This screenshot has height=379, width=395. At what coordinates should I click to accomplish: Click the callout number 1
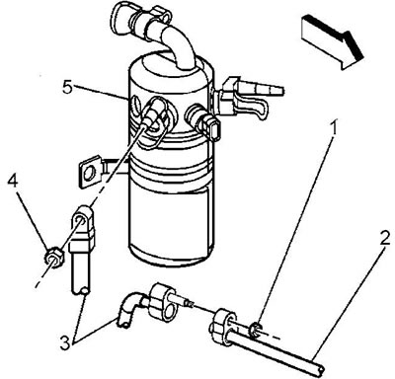[334, 127]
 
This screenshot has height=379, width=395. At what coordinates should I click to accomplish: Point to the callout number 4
[13, 181]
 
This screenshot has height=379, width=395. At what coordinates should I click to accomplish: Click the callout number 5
[67, 87]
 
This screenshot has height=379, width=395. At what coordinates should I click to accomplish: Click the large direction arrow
[333, 41]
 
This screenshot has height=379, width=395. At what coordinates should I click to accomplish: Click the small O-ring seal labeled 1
[255, 331]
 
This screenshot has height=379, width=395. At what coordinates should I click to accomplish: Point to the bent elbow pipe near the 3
[129, 309]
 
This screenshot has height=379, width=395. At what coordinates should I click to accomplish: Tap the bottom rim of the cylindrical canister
[171, 260]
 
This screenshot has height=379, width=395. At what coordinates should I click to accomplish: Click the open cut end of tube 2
[320, 368]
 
